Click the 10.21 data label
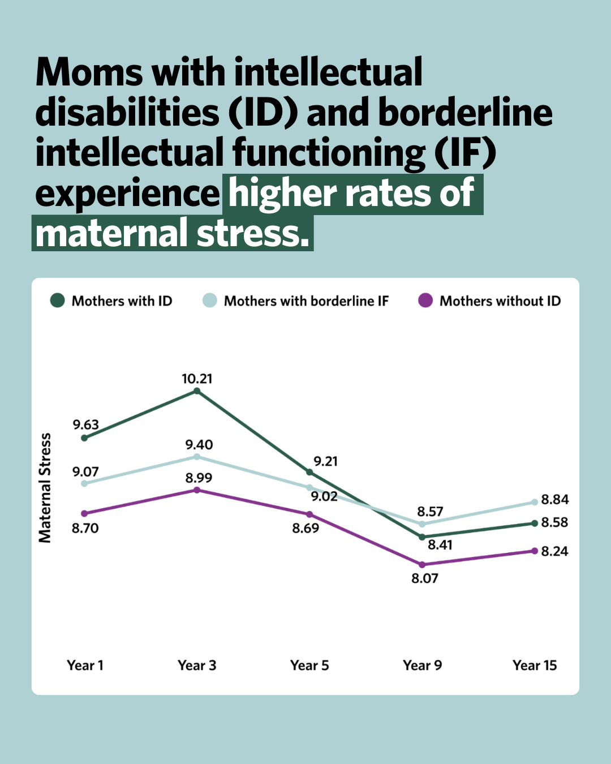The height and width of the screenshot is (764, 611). [197, 379]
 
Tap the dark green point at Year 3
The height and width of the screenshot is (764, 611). [197, 391]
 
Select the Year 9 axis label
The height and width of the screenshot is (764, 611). [422, 665]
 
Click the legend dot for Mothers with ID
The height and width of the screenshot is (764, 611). [57, 301]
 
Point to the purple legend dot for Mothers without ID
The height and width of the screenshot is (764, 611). [425, 301]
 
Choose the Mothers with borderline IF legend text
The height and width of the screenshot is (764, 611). [306, 301]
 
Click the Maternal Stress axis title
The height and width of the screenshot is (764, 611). [45, 488]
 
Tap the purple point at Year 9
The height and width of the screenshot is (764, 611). [422, 564]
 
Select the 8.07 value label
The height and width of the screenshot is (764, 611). [424, 578]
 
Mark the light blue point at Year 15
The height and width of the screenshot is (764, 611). [535, 502]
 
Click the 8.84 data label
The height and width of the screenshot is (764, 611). [554, 499]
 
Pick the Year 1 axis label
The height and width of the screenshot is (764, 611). [85, 665]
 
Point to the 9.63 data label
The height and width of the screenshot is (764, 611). [85, 424]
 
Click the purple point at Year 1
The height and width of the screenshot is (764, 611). [84, 513]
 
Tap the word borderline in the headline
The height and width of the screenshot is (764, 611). [465, 113]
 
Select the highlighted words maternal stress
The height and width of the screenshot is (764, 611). [173, 234]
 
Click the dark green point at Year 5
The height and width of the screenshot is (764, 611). [309, 472]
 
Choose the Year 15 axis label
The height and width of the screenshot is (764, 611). [535, 665]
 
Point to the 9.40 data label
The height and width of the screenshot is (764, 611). [199, 445]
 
